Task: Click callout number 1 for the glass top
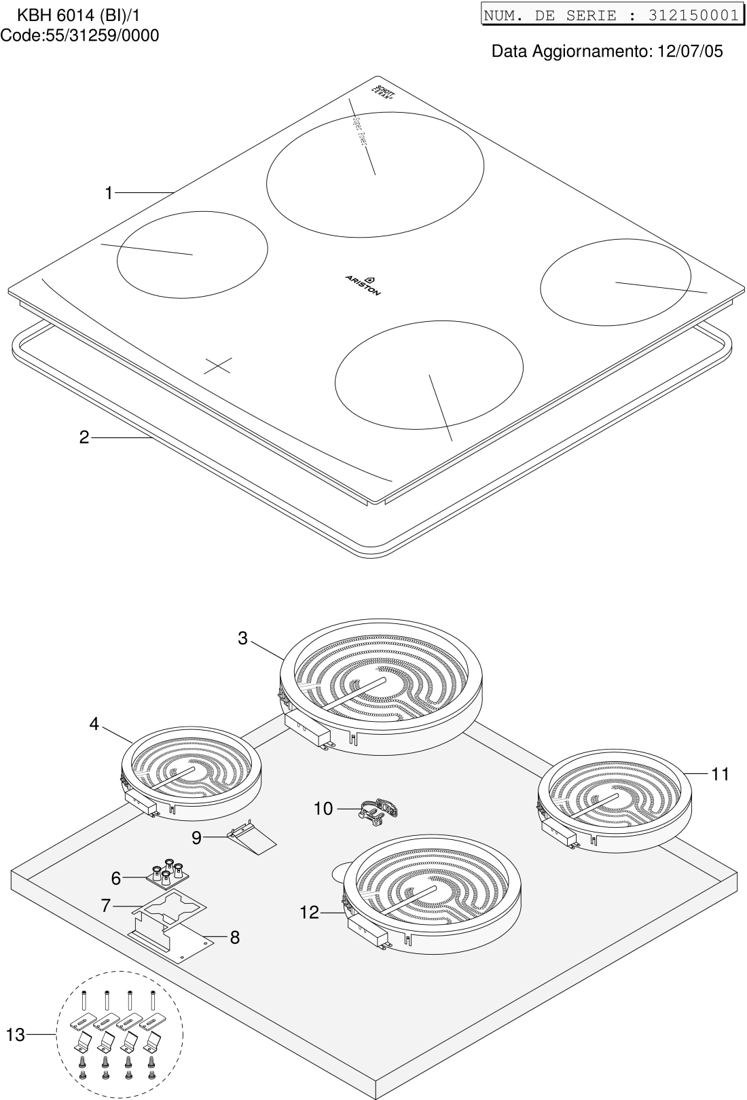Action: coord(108,194)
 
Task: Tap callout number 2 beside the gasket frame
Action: coord(84,438)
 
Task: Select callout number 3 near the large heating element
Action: coord(242,638)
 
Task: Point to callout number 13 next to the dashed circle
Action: coord(16,1035)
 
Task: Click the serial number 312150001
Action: coord(693,15)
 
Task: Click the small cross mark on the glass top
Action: coord(217,365)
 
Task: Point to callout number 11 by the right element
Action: coord(720,773)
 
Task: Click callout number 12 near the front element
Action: coord(309,913)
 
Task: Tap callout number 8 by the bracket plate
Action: coord(235,938)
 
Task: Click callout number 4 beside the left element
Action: coord(94,725)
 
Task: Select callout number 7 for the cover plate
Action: coord(105,905)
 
